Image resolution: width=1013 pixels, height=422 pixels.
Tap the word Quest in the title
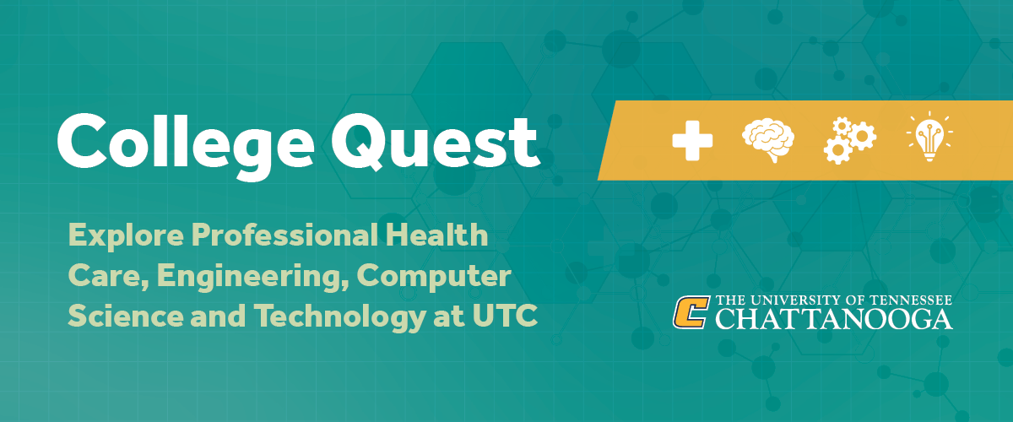[436, 142]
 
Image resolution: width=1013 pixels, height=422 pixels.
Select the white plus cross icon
[692, 141]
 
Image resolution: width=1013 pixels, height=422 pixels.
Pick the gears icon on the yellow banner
[849, 141]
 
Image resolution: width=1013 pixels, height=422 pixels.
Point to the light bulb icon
[929, 136]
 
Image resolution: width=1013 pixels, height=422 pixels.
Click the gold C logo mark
[691, 311]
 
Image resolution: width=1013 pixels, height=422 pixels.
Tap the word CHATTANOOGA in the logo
[834, 318]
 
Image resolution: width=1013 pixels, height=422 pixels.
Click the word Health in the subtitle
[437, 235]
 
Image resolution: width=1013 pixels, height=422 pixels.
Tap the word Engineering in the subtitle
[253, 276]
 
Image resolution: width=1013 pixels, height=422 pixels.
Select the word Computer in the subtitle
[434, 276]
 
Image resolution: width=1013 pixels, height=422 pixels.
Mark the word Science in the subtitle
[126, 316]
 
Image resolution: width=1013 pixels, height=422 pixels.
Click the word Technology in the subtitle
[339, 316]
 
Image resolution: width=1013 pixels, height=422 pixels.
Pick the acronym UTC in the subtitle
[505, 316]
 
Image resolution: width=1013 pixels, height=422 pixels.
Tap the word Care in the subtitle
[109, 275]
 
